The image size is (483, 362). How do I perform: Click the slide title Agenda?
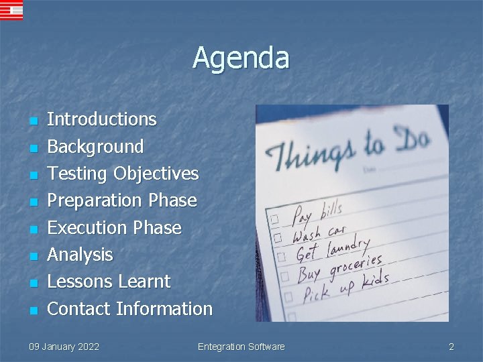coord(241,58)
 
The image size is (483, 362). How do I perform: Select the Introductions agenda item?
coord(101,119)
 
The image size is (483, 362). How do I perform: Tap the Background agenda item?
coord(95,146)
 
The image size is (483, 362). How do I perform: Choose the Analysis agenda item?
coord(80,255)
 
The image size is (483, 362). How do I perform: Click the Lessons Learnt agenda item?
coord(109,282)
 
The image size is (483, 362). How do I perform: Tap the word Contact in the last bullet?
coord(78,309)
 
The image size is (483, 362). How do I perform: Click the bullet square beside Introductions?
coord(32,121)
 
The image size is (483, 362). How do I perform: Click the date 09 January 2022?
coord(64,347)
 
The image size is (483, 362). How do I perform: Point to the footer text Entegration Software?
coord(241,347)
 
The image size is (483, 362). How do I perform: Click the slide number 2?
coord(451,347)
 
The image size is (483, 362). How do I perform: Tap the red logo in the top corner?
coord(11,10)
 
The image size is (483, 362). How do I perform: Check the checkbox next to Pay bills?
coord(274,220)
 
